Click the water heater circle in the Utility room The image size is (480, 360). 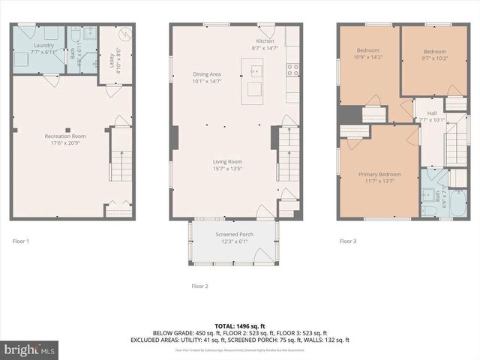pyautogui.click(x=125, y=34)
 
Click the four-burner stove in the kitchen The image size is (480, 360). pyautogui.click(x=293, y=70)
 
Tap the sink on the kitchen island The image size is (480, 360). pyautogui.click(x=256, y=71)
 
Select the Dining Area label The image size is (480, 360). pyautogui.click(x=207, y=74)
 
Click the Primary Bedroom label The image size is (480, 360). pyautogui.click(x=376, y=173)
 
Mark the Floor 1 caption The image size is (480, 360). pyautogui.click(x=21, y=241)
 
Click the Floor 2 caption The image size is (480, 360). pyautogui.click(x=199, y=286)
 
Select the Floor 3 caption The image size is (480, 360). pyautogui.click(x=348, y=241)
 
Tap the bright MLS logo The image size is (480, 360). pyautogui.click(x=30, y=349)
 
